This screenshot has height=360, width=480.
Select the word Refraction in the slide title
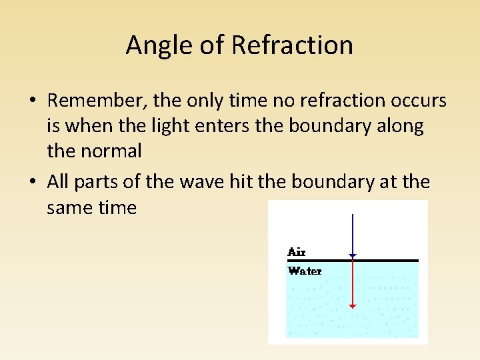coord(292,45)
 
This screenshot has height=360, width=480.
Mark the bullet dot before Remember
coord(32,101)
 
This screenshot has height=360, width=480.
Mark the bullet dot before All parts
coord(32,182)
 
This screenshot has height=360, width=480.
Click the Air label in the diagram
coord(296,252)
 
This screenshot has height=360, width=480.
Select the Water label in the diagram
coord(305,271)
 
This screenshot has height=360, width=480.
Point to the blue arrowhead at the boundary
coord(353,255)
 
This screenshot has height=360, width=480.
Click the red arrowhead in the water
coord(353,306)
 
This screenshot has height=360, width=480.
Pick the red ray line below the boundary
coord(353,283)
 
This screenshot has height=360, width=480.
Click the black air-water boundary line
coord(387,261)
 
